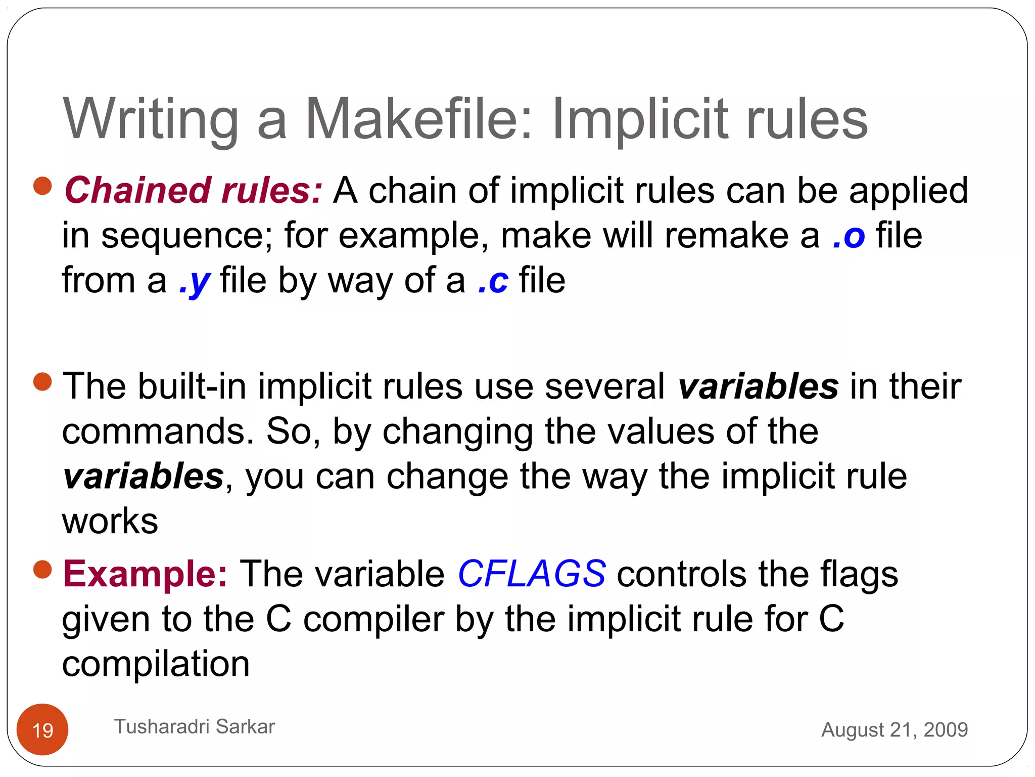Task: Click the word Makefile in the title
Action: coord(418,119)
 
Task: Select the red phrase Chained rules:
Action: coord(193,191)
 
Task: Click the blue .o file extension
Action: coord(849,236)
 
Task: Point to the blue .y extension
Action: coord(195,281)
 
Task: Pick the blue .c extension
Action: coord(493,281)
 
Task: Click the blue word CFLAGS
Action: coord(531,574)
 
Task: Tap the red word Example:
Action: coord(145,574)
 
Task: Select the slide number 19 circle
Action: coord(42,729)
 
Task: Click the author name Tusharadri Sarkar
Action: coord(194,726)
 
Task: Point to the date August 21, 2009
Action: coord(894,729)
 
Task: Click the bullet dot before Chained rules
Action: coord(42,186)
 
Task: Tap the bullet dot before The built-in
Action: coord(42,381)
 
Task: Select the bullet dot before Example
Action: coord(42,569)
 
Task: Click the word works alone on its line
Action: coord(110,521)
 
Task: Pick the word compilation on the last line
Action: coord(156,664)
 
